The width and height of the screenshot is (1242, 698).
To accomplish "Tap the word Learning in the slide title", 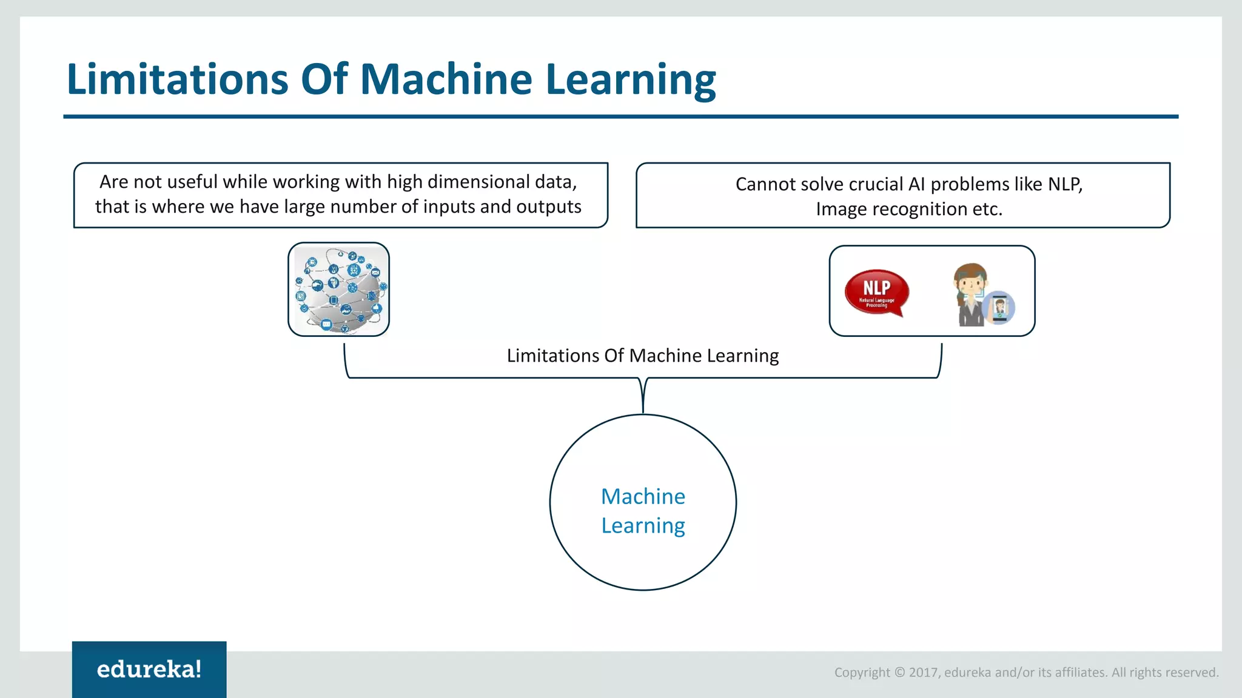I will [x=631, y=81].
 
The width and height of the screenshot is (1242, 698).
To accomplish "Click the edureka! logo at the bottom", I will [x=149, y=670].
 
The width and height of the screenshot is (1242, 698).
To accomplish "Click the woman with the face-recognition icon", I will [x=972, y=295].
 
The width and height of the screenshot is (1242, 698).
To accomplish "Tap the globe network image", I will [x=338, y=290].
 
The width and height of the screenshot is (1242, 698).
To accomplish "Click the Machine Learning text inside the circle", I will [x=643, y=510].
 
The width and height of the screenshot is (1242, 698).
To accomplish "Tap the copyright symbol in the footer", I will [x=899, y=673].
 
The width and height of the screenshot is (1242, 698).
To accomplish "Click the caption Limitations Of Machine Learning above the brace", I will [x=643, y=356].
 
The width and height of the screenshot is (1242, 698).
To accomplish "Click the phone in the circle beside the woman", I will [x=999, y=308].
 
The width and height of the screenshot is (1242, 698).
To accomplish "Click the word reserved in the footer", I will [x=1192, y=673].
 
